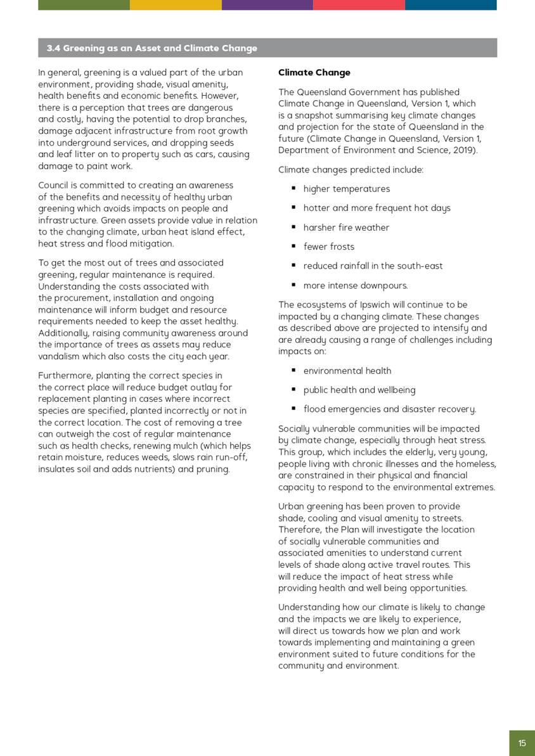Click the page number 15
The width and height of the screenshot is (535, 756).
[522, 743]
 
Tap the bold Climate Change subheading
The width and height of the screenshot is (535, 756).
[314, 73]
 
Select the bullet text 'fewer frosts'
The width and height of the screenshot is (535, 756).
[328, 247]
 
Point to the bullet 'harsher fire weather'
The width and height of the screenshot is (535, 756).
[346, 227]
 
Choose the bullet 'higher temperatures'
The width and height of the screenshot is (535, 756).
[346, 189]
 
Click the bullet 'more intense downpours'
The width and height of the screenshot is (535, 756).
[355, 286]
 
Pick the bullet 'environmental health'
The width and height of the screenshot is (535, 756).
[347, 371]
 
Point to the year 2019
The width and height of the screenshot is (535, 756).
[465, 150]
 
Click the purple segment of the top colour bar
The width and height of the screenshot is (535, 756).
[267, 4]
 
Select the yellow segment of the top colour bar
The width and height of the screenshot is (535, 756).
[176, 4]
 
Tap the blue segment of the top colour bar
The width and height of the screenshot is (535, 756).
[451, 4]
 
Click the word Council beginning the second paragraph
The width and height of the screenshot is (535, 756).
[55, 186]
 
